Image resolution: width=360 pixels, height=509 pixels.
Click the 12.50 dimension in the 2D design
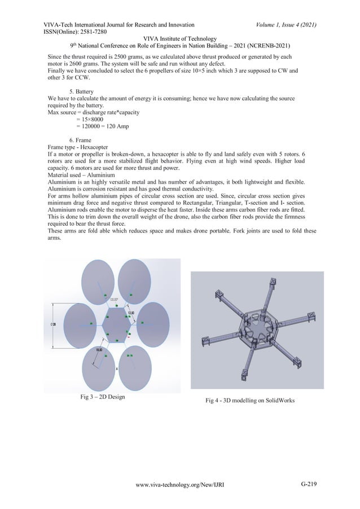[131, 313]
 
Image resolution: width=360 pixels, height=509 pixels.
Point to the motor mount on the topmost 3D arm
[273, 283]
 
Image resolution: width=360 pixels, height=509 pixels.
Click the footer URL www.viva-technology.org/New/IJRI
[179, 484]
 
